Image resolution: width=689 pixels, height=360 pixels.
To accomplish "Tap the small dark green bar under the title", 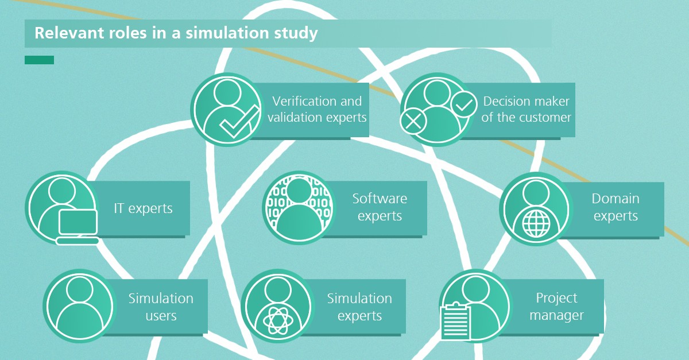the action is (x=40, y=60).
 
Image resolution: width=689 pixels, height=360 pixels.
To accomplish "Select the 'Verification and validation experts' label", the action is (x=317, y=109).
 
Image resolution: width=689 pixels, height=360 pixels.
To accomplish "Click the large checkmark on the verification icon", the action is (x=239, y=122).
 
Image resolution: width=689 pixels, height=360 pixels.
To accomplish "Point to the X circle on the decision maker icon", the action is (x=413, y=121).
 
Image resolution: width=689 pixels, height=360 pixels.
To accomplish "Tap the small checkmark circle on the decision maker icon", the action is (x=464, y=104).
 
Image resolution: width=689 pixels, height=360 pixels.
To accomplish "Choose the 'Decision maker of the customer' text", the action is (x=526, y=109).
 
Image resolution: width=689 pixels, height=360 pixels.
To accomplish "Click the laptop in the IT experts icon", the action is (x=78, y=227).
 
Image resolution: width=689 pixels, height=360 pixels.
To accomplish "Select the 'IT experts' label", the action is (x=143, y=208).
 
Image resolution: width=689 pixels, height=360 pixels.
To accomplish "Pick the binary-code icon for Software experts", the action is (x=299, y=208).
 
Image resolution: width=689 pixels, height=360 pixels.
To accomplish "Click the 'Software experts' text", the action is (x=380, y=207).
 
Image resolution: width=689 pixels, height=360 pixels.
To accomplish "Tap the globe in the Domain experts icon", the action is (x=536, y=224).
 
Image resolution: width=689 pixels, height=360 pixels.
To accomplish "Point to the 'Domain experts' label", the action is (x=616, y=207).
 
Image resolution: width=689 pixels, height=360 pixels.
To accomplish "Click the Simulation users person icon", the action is (x=80, y=306).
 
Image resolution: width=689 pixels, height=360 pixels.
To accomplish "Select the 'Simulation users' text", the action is (x=161, y=307).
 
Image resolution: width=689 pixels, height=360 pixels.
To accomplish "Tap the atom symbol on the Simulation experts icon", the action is (x=278, y=320).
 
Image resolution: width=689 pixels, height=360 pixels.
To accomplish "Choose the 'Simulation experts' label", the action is (x=359, y=307).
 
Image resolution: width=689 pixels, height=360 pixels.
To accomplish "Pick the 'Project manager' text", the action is (x=556, y=306).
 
